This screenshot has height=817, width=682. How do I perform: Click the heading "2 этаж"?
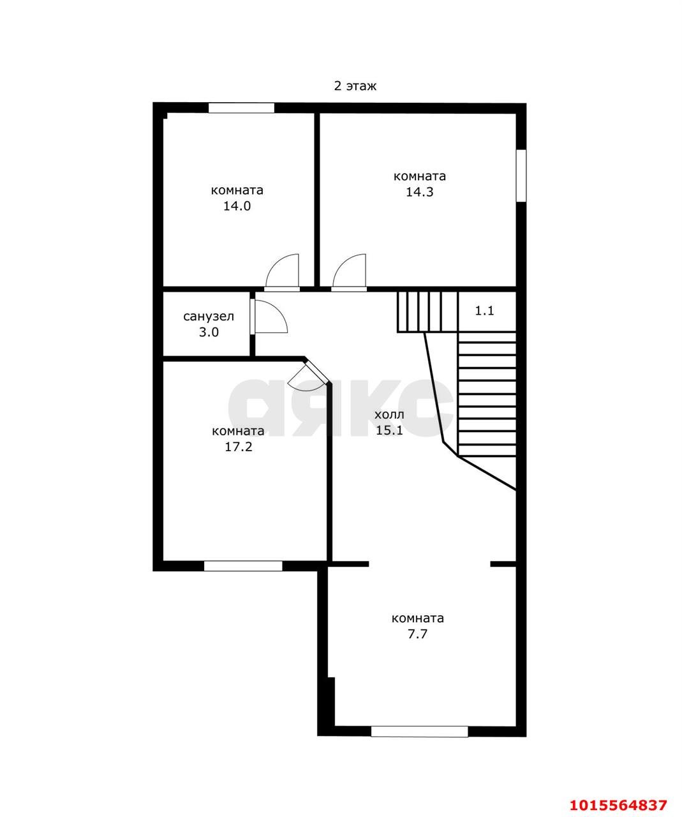click(x=355, y=86)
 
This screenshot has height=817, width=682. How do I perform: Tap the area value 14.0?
click(x=237, y=206)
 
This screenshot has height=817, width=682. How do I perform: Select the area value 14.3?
click(x=420, y=192)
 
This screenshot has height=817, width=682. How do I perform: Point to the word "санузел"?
click(x=209, y=316)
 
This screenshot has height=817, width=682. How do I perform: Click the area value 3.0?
click(x=209, y=332)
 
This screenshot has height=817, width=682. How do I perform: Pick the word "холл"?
click(x=389, y=414)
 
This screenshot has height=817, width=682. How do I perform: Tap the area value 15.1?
click(x=389, y=430)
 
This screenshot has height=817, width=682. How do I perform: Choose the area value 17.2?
click(x=238, y=447)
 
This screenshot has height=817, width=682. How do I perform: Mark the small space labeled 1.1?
click(x=484, y=311)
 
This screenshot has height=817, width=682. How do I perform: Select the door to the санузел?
click(x=269, y=317)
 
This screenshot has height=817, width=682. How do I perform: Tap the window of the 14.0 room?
click(x=241, y=108)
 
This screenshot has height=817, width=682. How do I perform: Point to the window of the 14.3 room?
click(x=521, y=176)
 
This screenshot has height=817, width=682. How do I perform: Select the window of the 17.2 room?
click(x=243, y=566)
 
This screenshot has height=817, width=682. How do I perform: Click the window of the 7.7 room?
click(x=420, y=731)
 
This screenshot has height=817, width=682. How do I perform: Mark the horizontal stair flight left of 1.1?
click(x=427, y=312)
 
